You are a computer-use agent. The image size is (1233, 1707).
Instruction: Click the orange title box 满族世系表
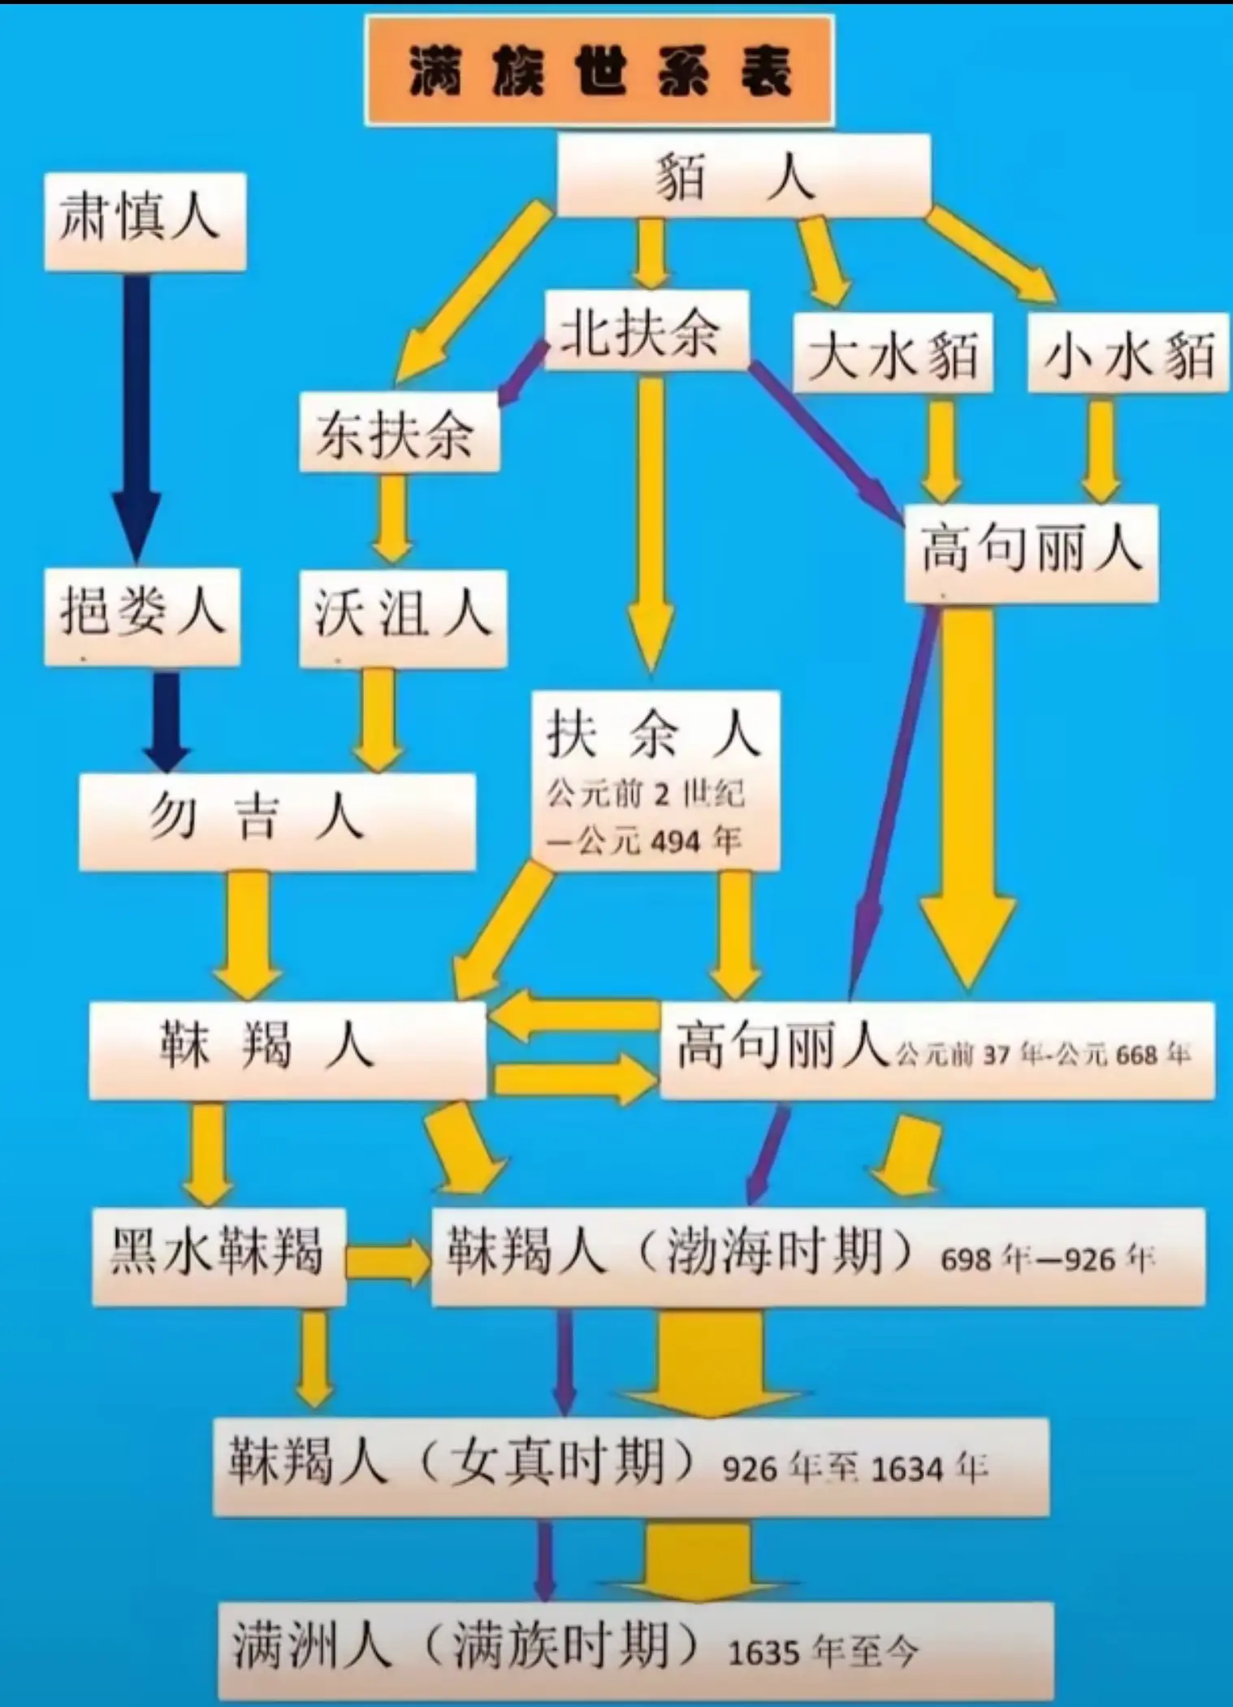599,71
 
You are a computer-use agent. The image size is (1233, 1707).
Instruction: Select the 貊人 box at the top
742,176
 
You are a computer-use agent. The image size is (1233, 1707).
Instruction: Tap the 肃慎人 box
145,220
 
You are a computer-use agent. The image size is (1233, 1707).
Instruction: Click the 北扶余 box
645,331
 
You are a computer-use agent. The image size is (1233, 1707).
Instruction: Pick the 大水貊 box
892,354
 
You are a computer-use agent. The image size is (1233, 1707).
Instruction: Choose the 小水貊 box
1127,354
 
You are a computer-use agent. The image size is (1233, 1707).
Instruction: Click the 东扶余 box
398,431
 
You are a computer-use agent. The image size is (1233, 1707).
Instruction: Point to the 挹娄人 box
142,616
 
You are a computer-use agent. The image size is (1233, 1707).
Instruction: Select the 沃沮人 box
403,617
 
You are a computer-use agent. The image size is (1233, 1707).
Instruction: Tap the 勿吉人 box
276,821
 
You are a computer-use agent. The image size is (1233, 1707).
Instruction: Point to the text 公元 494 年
645,841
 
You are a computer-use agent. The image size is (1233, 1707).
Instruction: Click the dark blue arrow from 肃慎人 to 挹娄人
136,414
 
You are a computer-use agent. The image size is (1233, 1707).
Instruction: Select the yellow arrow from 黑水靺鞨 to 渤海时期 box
388,1260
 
